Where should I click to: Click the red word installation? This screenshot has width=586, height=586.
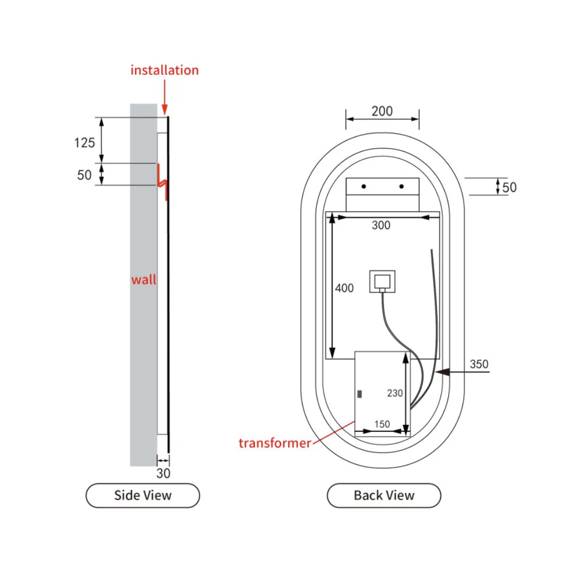click(164, 70)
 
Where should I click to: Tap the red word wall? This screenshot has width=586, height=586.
click(144, 279)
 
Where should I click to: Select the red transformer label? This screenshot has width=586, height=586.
click(275, 443)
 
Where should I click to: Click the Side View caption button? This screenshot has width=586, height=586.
click(143, 495)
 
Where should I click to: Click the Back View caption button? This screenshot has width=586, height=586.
click(384, 495)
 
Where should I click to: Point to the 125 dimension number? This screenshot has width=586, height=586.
click(85, 143)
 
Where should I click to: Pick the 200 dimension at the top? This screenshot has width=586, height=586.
click(382, 111)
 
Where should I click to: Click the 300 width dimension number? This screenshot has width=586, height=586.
click(381, 225)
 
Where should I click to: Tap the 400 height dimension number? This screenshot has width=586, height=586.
click(344, 288)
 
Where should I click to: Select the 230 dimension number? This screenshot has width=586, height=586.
click(394, 393)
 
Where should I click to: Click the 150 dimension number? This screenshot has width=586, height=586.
click(382, 424)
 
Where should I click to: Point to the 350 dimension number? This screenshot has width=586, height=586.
click(479, 364)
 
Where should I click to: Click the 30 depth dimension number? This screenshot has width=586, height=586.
click(163, 474)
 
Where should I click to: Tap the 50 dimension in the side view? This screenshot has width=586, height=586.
click(84, 175)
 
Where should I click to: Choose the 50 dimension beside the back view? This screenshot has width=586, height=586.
click(509, 187)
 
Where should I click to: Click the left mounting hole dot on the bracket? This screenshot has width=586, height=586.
click(364, 187)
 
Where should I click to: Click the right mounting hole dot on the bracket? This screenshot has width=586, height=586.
click(402, 187)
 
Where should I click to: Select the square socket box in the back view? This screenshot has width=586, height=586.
click(382, 282)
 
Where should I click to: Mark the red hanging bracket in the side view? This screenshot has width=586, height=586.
click(162, 182)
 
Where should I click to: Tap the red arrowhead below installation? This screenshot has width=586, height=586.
click(164, 110)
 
